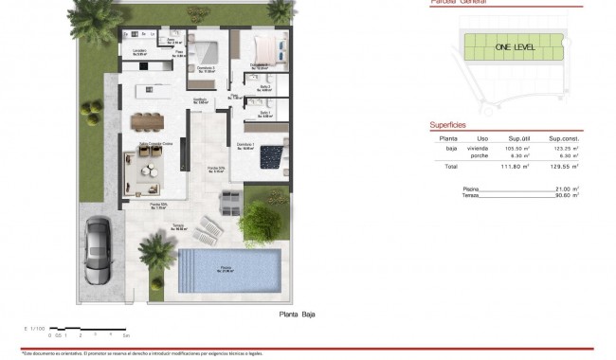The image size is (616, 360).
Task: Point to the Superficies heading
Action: (x=447, y=123)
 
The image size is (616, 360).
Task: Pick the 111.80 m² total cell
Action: (x=515, y=167)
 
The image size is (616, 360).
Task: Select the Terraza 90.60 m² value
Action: (x=566, y=195)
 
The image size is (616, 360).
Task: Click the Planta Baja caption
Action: (x=297, y=314)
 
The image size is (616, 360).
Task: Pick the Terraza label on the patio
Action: (x=179, y=226)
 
